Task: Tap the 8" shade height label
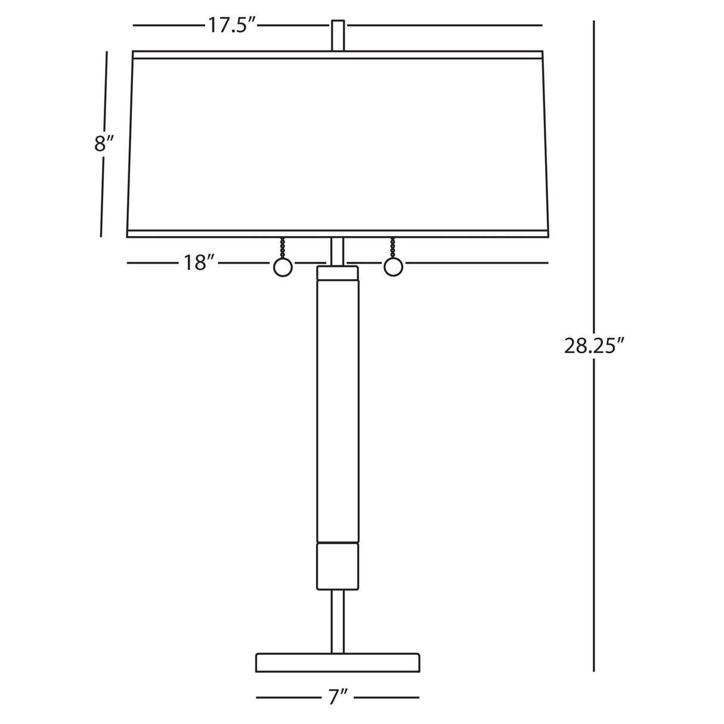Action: coord(103,144)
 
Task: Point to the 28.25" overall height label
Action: coord(593,346)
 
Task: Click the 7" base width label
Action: coord(338,698)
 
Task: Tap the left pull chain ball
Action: coord(283,268)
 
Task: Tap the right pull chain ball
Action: coord(393,268)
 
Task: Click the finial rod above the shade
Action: coord(338,35)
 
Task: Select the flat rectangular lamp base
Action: coord(338,663)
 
